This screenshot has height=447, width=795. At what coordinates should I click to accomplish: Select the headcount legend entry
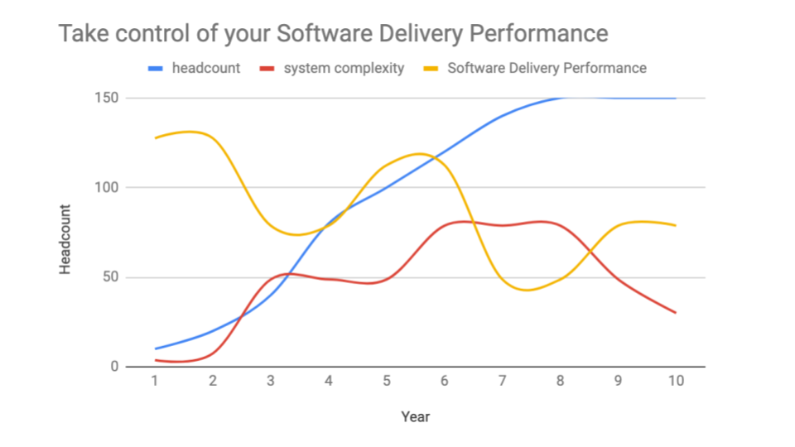[x=205, y=69]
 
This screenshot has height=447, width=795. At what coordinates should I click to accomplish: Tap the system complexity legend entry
[x=344, y=69]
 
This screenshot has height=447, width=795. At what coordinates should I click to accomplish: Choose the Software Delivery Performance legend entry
[x=547, y=69]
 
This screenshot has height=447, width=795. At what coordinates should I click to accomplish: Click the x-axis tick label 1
[x=155, y=381]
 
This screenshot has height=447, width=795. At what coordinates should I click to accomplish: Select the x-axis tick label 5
[x=386, y=381]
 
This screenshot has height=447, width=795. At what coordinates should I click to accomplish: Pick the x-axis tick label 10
[x=676, y=381]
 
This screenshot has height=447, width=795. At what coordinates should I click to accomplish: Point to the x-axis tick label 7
[x=502, y=381]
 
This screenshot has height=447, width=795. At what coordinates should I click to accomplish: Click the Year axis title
[x=415, y=416]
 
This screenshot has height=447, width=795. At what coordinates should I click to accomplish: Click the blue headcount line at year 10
[x=675, y=98]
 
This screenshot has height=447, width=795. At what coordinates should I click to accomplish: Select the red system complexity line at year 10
[x=675, y=312]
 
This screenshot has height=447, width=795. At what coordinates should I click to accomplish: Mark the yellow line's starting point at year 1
[x=156, y=137]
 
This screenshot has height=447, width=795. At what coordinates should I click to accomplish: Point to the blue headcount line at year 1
[x=156, y=348]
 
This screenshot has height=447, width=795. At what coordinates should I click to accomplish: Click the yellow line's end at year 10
[x=675, y=225]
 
